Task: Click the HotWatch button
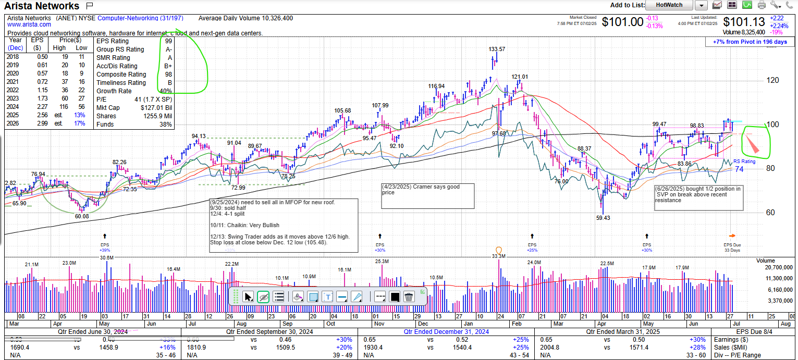[669, 5]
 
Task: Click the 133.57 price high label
[497, 49]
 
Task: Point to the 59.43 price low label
[603, 218]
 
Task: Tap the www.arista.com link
[29, 24]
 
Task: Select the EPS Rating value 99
[168, 41]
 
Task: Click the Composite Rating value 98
[168, 75]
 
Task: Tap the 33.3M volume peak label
[499, 256]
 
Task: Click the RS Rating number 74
[739, 169]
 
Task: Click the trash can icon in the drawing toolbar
[409, 297]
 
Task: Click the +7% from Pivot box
[750, 42]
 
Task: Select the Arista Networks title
[42, 6]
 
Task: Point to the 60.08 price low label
[82, 216]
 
